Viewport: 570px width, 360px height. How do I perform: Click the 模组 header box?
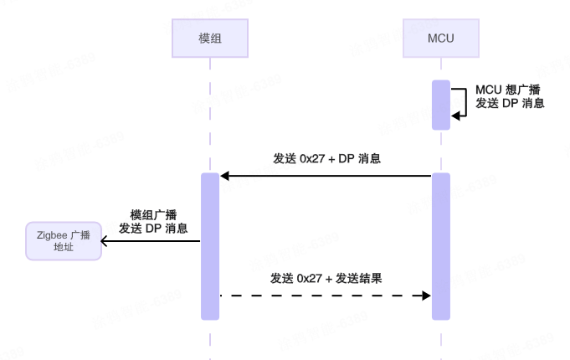pos(210,39)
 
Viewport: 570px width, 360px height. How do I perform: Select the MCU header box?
pos(440,39)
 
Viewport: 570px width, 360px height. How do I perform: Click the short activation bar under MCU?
pos(441,105)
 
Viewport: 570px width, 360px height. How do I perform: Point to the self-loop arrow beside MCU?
pos(461,104)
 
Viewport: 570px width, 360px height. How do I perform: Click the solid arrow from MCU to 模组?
pos(326,176)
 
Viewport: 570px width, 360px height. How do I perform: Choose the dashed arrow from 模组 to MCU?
pos(326,296)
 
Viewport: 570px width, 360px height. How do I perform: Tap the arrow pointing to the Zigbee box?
pos(151,242)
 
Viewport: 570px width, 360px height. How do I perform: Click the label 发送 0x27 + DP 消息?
pos(327,158)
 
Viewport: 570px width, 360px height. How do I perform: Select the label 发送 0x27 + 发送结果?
pos(326,278)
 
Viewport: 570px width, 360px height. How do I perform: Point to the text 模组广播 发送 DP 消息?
pos(153,221)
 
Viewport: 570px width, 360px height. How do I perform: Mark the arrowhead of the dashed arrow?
pos(425,296)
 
